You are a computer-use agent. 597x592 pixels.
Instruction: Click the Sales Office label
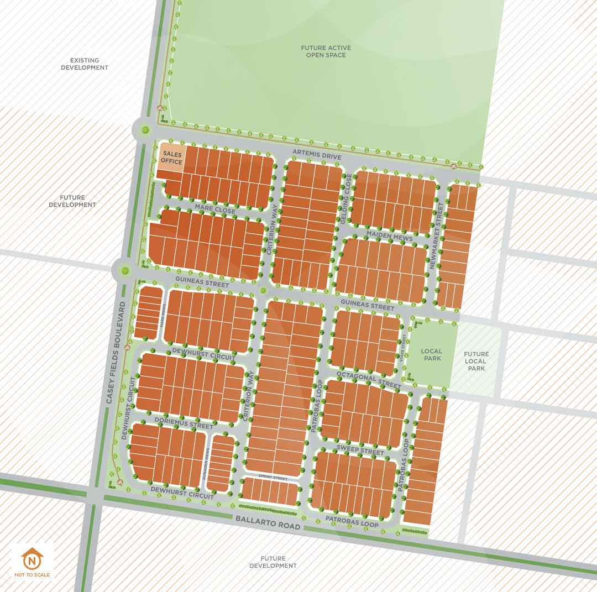coord(171,158)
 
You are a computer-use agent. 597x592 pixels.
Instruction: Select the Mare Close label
coord(214,209)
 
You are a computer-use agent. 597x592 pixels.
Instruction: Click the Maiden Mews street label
coord(389,236)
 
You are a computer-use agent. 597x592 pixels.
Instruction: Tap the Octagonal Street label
coord(368,379)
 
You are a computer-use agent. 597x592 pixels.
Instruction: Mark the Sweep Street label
coord(360,450)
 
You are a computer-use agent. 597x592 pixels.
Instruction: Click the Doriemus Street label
coord(184,424)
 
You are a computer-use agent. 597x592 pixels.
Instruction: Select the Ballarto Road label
coord(268,522)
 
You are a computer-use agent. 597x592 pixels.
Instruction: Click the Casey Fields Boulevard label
coord(115,354)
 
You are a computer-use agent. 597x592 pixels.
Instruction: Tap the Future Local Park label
coord(476,361)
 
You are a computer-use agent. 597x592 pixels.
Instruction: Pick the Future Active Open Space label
coord(326,51)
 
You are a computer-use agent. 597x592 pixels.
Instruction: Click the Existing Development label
coord(89,64)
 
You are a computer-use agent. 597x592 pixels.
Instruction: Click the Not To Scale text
coord(32,575)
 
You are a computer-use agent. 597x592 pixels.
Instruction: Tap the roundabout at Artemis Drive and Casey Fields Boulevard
coord(145,130)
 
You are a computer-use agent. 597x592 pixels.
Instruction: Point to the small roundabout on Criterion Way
coord(263,290)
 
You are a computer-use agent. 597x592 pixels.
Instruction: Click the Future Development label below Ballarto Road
coord(273,562)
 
